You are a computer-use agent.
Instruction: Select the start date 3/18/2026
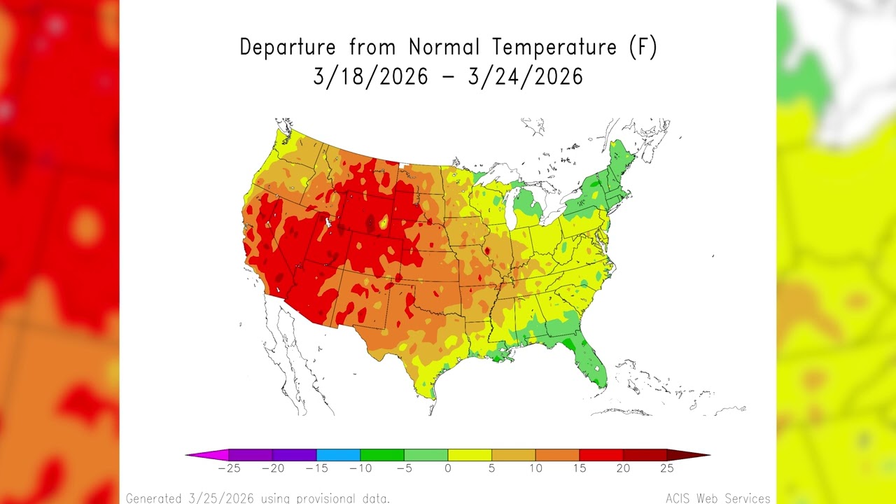point(370,76)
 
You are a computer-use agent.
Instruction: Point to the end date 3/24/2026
point(525,76)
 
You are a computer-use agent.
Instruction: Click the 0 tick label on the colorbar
point(448,468)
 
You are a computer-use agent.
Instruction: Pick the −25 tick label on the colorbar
point(229,468)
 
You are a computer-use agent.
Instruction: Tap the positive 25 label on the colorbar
point(666,468)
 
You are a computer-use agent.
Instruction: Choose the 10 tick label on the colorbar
point(535,468)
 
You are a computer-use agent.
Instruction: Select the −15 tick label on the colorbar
point(316,468)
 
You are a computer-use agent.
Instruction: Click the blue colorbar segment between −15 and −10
point(338,455)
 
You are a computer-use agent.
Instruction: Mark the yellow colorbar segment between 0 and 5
point(470,455)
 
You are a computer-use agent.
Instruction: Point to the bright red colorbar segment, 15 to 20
point(601,455)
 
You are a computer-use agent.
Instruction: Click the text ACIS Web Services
point(717,498)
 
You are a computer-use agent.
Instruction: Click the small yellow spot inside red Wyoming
point(383,224)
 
